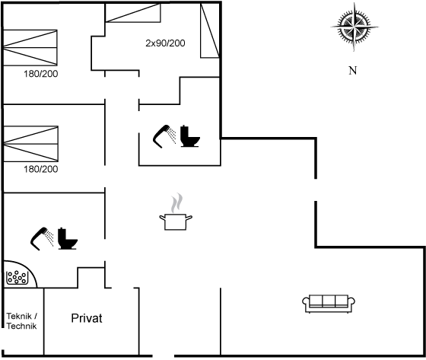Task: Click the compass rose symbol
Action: click(354, 27)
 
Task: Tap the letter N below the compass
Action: click(353, 71)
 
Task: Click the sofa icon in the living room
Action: click(329, 304)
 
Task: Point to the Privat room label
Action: click(87, 318)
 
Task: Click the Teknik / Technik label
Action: click(22, 321)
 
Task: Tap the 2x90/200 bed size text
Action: click(165, 43)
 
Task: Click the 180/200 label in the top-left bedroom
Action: click(41, 74)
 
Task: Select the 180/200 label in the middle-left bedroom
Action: click(41, 169)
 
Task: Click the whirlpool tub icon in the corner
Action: click(17, 277)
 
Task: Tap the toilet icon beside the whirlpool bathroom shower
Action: click(68, 239)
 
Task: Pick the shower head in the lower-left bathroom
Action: click(42, 238)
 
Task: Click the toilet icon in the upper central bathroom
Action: click(190, 136)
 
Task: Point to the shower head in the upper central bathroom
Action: click(164, 136)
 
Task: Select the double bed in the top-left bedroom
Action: click(30, 48)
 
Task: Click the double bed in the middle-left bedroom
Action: click(30, 144)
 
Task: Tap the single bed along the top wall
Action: click(133, 13)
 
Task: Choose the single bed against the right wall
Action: click(210, 30)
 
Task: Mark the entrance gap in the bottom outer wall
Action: click(164, 355)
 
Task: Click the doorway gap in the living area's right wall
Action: click(316, 190)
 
